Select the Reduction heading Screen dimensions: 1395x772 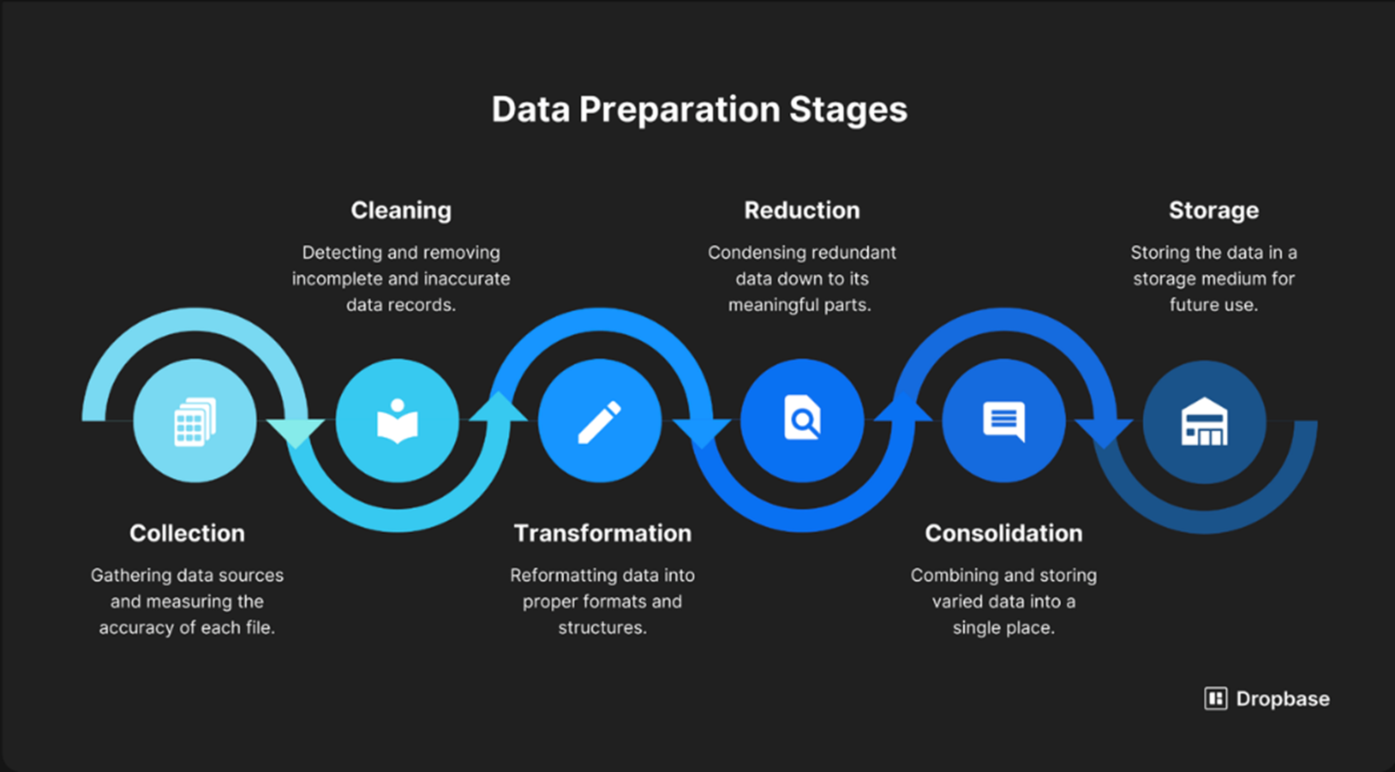click(802, 210)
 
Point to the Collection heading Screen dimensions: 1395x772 click(187, 533)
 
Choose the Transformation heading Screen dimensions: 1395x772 click(603, 533)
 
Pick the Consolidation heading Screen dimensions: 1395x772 click(1003, 533)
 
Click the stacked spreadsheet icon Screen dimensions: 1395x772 click(195, 422)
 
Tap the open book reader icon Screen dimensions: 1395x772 click(397, 421)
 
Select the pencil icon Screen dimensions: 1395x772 click(599, 422)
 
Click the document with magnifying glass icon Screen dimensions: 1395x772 click(802, 417)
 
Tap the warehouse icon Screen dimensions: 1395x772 click(1204, 422)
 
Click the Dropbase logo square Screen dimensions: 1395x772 click(1216, 699)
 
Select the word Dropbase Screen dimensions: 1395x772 click(1283, 699)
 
